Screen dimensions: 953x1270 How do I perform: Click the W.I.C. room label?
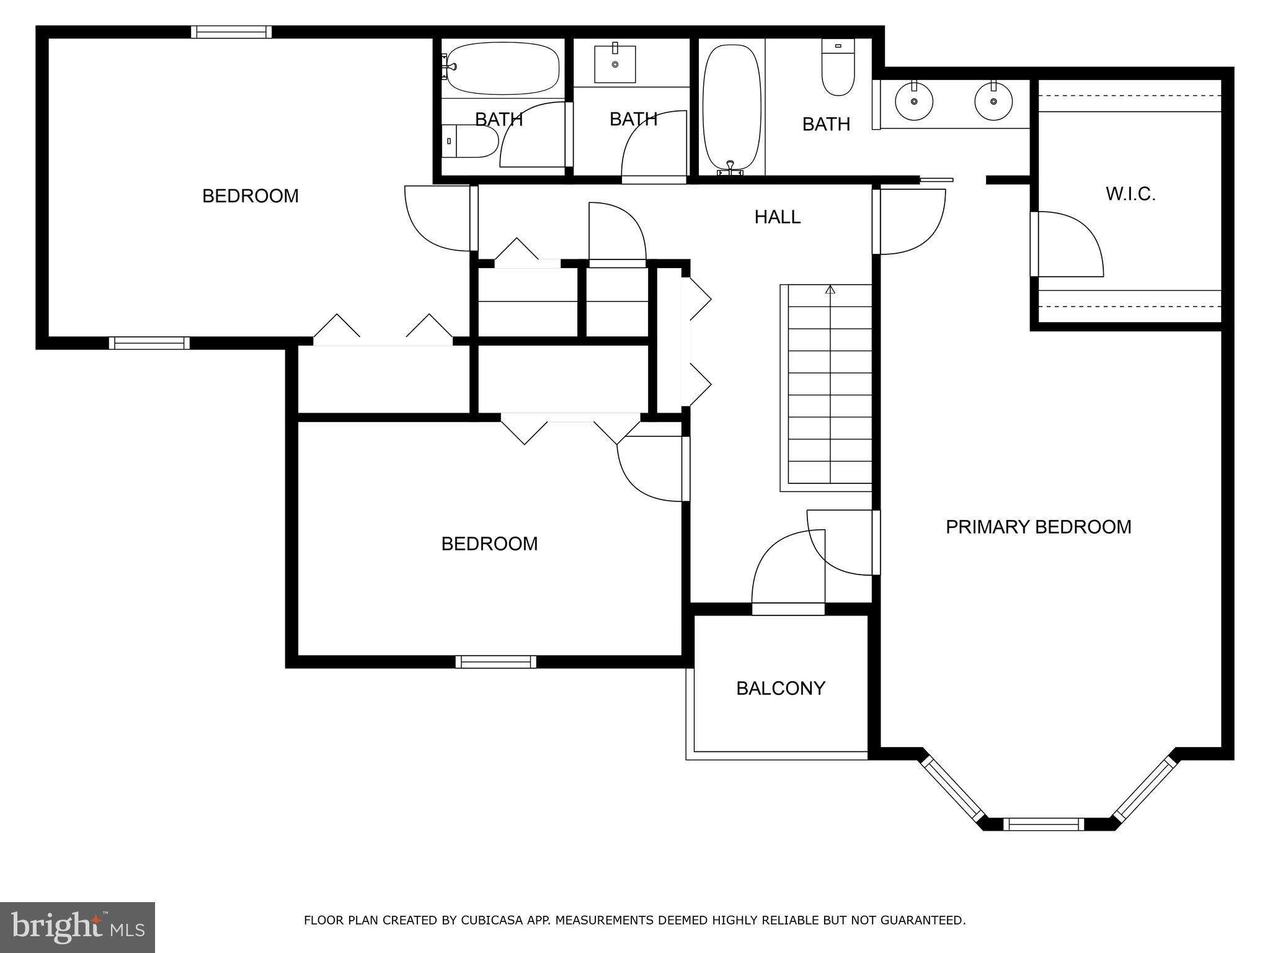tap(1130, 194)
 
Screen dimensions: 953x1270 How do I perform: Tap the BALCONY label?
tap(780, 688)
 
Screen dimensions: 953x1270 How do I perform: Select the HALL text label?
tap(777, 217)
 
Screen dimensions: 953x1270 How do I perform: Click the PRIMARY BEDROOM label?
tap(1038, 527)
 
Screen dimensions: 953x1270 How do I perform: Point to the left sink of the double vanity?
tap(913, 102)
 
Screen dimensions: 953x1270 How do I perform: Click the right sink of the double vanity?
tap(993, 102)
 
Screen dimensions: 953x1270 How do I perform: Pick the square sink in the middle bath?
tap(615, 63)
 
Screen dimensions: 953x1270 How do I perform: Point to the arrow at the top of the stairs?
tap(830, 289)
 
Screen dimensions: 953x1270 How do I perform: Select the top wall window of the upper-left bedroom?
tap(231, 32)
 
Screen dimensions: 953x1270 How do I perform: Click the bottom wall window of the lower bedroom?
tap(495, 661)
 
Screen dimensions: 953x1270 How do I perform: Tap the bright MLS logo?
tap(77, 928)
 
